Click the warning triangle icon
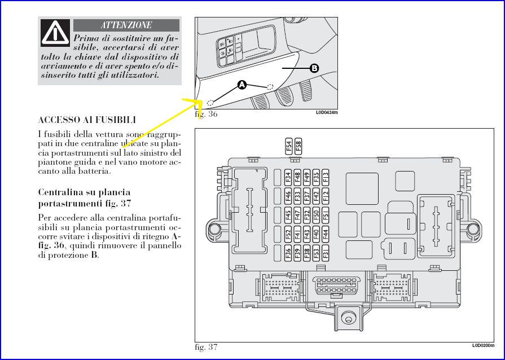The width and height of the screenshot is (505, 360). click(56, 32)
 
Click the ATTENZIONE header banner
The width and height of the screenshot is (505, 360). click(126, 25)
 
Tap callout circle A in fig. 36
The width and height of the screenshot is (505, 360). click(242, 85)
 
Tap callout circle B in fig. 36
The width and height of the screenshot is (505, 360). click(314, 68)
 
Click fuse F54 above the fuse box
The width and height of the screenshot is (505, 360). click(289, 147)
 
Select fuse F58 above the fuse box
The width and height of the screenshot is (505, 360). click(298, 147)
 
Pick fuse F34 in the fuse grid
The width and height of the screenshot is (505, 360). click(288, 177)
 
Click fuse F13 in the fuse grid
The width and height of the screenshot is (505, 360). click(326, 177)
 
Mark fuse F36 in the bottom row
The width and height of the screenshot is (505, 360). click(288, 252)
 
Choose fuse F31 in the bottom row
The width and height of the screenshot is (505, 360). click(326, 252)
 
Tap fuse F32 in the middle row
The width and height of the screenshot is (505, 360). click(306, 215)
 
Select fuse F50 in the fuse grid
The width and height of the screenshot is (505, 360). click(316, 215)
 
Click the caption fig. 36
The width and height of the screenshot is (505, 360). click(206, 114)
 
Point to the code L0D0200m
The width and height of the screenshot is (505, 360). click(484, 345)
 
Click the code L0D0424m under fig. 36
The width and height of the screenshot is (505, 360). click(327, 112)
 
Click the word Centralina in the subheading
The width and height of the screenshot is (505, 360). click(60, 192)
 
